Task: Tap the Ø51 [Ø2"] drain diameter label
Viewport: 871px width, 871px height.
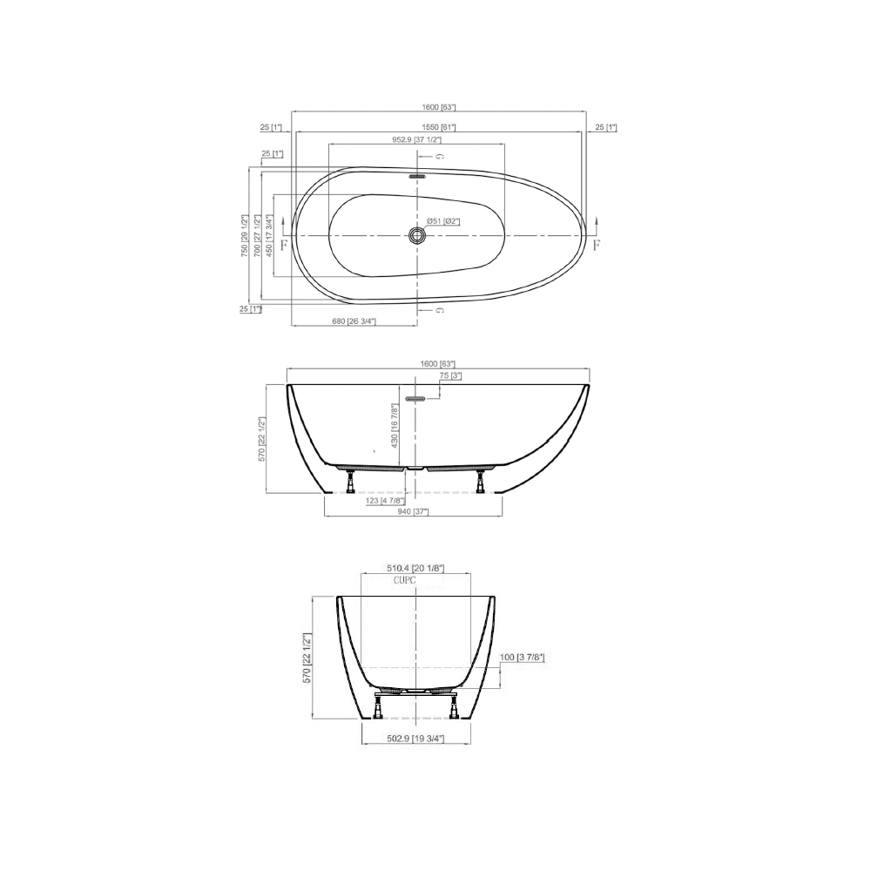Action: (x=443, y=221)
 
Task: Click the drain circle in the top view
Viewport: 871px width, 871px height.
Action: (x=417, y=235)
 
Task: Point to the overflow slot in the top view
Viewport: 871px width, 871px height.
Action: (x=417, y=175)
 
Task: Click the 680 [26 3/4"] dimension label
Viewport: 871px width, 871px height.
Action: (x=354, y=321)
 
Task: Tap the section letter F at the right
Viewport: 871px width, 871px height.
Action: (x=597, y=246)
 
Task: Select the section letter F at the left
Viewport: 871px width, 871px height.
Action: (x=285, y=246)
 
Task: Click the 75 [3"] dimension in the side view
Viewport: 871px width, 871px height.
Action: (x=450, y=375)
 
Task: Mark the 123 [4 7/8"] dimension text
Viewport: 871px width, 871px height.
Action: (x=383, y=500)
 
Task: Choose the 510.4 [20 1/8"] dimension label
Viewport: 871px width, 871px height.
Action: (x=415, y=568)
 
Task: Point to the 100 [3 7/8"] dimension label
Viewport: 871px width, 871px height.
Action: (x=523, y=656)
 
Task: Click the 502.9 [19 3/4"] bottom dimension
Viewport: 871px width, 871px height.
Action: (x=415, y=739)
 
